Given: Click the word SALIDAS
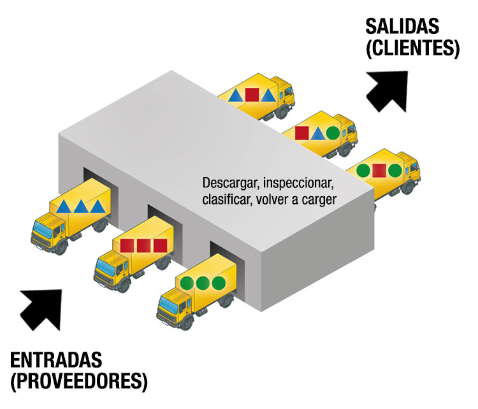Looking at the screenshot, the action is [402, 26].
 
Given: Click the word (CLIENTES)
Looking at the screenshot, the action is [412, 48].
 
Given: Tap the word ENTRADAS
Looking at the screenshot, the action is [56, 360].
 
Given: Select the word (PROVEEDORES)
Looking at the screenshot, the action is [79, 381].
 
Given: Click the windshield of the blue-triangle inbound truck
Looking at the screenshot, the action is [43, 229].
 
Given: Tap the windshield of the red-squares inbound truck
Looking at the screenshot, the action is [105, 267].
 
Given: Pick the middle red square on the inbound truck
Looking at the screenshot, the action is [143, 246].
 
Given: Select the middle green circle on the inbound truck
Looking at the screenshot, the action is [203, 283].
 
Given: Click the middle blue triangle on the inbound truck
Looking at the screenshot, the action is [82, 206].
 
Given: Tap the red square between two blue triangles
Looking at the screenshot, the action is [252, 95].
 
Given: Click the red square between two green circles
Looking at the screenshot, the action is [379, 170].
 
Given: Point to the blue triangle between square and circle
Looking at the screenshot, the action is [317, 134].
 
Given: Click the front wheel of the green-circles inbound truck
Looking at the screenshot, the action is [186, 323].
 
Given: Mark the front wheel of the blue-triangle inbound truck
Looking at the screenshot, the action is [61, 247].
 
